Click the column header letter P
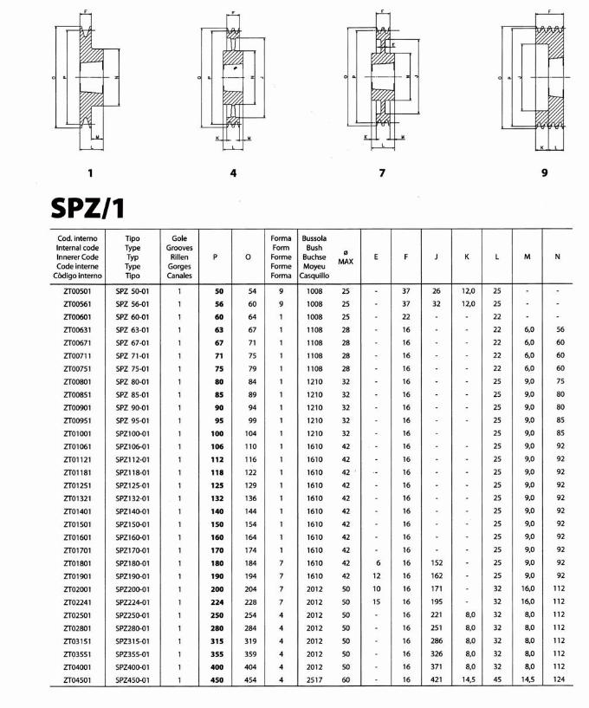point(214,257)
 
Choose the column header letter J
point(436,257)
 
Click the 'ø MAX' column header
point(346,257)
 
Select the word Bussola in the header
point(313,237)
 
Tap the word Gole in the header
point(179,237)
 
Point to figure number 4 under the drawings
point(233,172)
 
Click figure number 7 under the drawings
point(382,172)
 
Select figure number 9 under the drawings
point(544,172)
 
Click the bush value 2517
point(314,680)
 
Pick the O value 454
point(252,680)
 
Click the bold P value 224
point(217,602)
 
